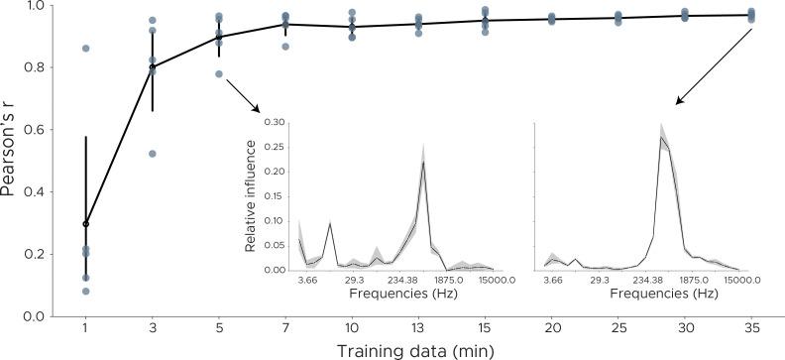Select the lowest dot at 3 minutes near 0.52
[x=153, y=154]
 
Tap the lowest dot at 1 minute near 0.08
[x=86, y=291]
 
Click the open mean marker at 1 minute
[x=86, y=224]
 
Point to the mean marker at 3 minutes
[x=153, y=67]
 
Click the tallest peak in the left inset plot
[x=423, y=164]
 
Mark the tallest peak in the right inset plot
[x=661, y=138]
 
